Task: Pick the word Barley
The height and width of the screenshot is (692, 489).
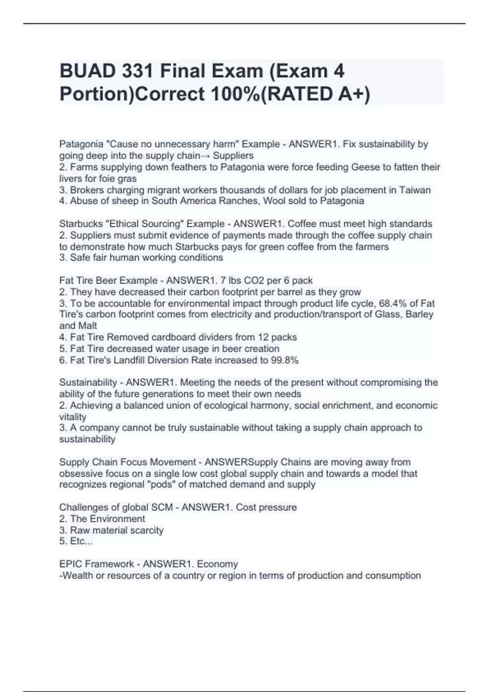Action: [x=420, y=315]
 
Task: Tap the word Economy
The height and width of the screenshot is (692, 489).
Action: [x=217, y=564]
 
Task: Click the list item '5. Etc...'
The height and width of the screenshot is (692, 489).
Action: [x=76, y=541]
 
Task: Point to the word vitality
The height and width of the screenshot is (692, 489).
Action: [x=73, y=417]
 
